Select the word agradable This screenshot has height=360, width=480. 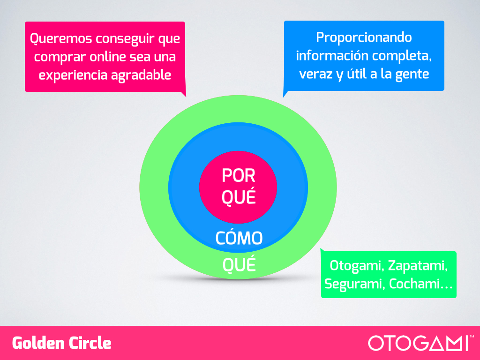pyautogui.click(x=141, y=75)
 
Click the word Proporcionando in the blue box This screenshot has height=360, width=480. pyautogui.click(x=364, y=38)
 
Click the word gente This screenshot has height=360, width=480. pyautogui.click(x=412, y=75)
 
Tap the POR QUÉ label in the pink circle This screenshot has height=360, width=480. pyautogui.click(x=239, y=186)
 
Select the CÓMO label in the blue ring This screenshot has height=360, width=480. pyautogui.click(x=239, y=238)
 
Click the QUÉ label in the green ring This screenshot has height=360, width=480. pyautogui.click(x=239, y=264)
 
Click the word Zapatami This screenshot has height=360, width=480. pyautogui.click(x=418, y=266)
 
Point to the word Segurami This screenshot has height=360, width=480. pyautogui.click(x=354, y=285)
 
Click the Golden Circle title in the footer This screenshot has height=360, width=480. pyautogui.click(x=61, y=343)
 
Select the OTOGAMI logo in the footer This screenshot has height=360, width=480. pyautogui.click(x=418, y=343)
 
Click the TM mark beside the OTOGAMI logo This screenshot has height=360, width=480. pyautogui.click(x=472, y=337)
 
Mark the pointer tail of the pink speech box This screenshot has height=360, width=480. pyautogui.click(x=184, y=94)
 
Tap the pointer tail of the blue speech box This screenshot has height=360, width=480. pyautogui.click(x=285, y=93)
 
